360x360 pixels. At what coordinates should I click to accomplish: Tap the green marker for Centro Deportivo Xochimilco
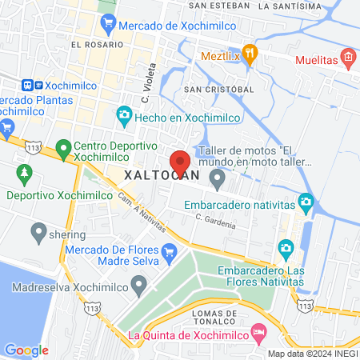(63, 148)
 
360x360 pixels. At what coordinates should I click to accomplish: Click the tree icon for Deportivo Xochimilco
(25, 173)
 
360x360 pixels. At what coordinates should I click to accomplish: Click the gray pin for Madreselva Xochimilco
(140, 284)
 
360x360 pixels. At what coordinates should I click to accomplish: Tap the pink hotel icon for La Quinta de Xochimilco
(258, 330)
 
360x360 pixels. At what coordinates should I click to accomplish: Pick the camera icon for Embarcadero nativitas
(305, 200)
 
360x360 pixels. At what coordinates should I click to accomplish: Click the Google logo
(26, 350)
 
